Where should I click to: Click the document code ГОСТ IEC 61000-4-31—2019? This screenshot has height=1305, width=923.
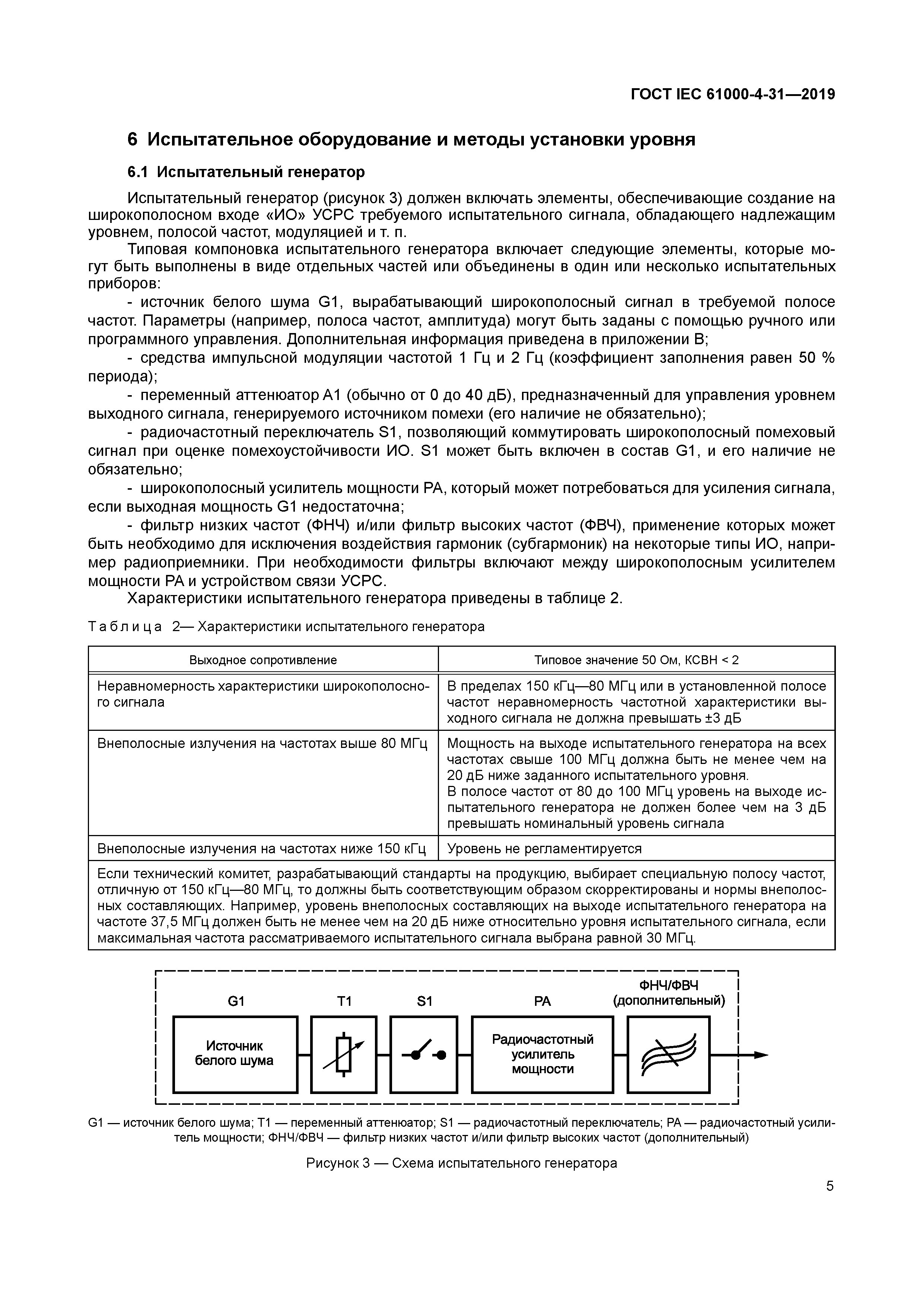tap(732, 95)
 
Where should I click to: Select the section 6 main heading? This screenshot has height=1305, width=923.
tap(411, 139)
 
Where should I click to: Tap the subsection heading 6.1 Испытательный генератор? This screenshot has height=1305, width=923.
tap(246, 172)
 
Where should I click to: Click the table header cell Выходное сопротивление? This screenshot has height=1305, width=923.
tap(263, 660)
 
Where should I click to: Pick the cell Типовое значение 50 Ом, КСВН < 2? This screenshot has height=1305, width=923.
tap(636, 660)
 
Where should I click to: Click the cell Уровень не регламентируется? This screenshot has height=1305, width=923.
tap(544, 848)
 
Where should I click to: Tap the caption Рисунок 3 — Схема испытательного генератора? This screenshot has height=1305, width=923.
tap(461, 1164)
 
